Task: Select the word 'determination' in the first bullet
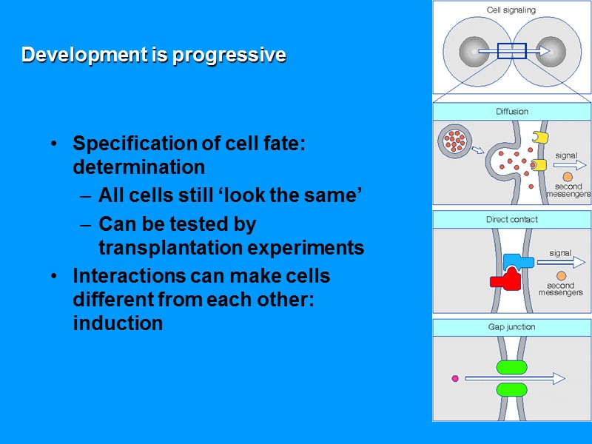pos(139,167)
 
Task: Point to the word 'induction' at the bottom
pos(118,323)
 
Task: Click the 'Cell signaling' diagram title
pos(511,10)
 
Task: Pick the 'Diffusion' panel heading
pos(512,112)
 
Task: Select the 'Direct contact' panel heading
pos(512,220)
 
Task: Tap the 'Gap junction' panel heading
pos(512,327)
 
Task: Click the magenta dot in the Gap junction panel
pos(455,378)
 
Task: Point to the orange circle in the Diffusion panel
pos(567,177)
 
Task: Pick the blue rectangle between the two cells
pos(511,51)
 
